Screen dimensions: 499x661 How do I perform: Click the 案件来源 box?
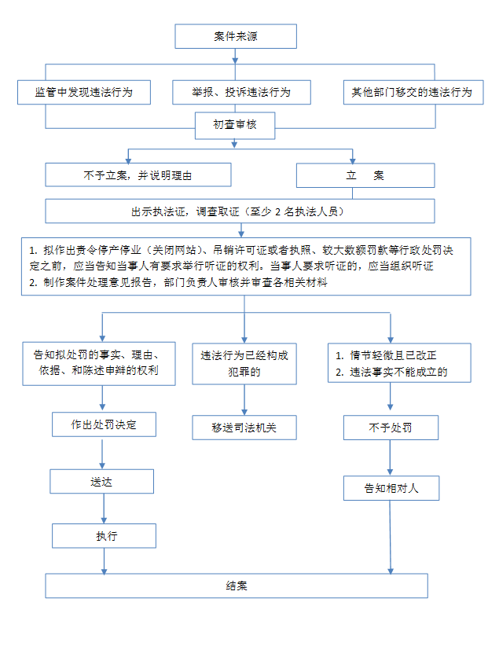236,36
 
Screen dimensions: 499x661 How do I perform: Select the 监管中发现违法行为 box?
84,92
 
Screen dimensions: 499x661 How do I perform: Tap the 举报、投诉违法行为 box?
241,92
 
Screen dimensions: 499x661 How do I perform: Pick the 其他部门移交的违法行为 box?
413,92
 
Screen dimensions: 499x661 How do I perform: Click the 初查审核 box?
235,125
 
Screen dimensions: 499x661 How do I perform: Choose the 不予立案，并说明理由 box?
138,175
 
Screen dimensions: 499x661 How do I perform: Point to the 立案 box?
365,175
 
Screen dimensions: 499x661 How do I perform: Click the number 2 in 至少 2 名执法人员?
277,211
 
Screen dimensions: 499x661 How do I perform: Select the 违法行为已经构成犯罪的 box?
244,364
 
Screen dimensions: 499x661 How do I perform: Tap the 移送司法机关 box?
244,428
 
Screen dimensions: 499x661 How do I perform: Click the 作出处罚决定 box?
104,424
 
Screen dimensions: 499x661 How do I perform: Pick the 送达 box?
102,482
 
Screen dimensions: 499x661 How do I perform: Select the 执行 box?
104,536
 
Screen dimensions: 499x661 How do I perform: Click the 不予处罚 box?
391,428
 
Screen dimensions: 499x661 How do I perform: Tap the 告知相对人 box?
391,488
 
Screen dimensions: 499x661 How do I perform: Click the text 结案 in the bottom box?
237,586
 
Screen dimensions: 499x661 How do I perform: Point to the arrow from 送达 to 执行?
104,509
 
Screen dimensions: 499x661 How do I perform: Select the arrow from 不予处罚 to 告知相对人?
390,457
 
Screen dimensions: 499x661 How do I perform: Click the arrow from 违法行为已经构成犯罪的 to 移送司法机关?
244,399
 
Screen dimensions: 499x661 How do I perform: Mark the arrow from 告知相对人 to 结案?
391,537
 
